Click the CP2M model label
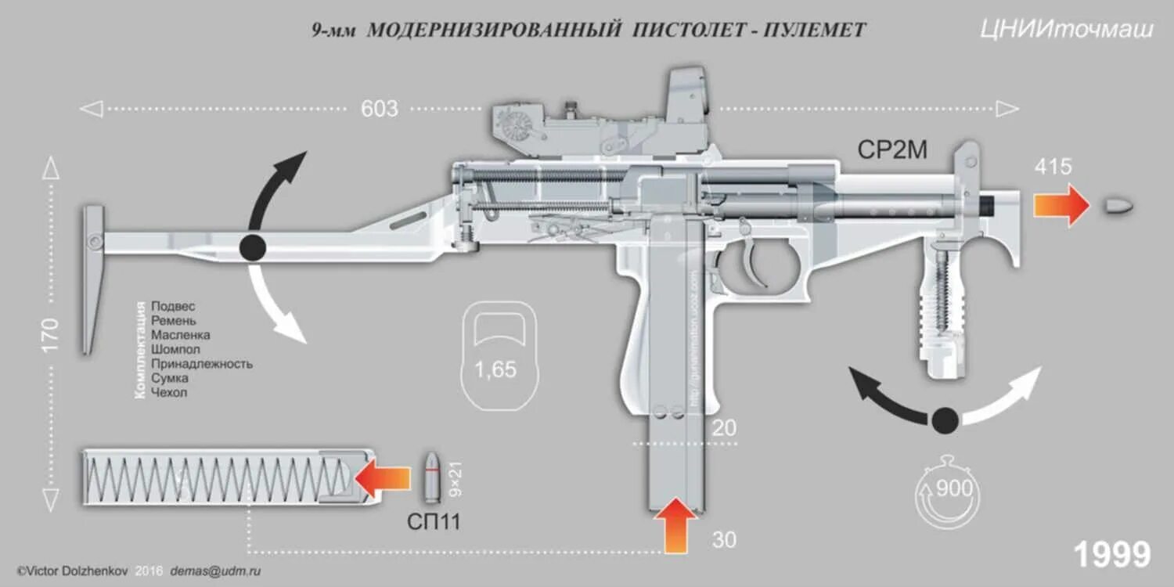click(892, 149)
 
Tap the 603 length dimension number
click(380, 109)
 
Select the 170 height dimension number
click(51, 335)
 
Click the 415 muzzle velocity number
click(1053, 167)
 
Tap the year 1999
click(1111, 555)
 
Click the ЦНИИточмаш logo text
click(1066, 30)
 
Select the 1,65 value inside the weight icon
click(495, 369)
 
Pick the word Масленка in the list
click(180, 335)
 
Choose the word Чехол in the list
click(169, 392)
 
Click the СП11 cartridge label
click(433, 522)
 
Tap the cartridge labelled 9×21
click(432, 477)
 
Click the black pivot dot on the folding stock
click(252, 247)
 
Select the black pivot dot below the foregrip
click(945, 420)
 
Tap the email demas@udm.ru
click(215, 571)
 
